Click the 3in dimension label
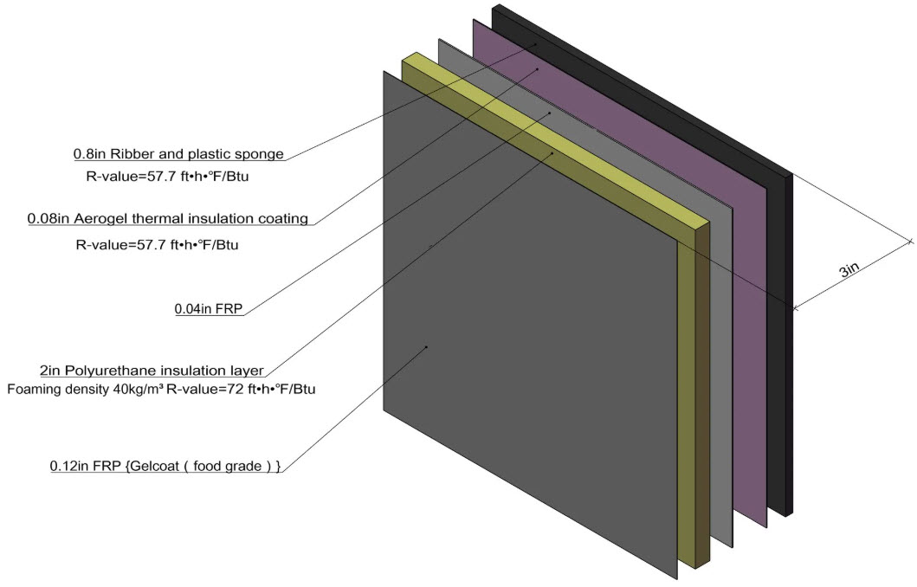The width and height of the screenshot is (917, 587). click(848, 271)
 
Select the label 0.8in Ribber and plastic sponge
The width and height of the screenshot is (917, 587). click(178, 154)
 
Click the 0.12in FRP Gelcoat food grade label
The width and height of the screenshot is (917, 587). click(165, 467)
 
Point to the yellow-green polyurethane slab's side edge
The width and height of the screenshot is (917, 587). click(701, 390)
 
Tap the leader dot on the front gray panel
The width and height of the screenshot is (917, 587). click(426, 347)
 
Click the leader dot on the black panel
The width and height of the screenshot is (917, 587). click(536, 44)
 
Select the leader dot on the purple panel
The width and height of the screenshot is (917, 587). click(538, 68)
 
